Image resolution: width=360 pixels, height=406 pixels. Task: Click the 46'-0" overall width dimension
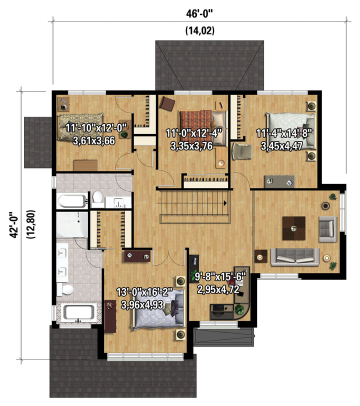coord(199,13)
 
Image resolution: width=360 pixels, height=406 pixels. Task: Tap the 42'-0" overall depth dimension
coord(13,225)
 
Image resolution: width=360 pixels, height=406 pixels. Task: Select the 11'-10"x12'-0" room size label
coord(96,128)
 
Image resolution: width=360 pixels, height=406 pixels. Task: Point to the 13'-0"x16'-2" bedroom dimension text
coord(144,292)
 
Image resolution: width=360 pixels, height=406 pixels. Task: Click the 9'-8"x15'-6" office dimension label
coord(220,276)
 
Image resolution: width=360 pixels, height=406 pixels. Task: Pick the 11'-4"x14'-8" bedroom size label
coord(284,133)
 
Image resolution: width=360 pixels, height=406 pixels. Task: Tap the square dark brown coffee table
coord(293,228)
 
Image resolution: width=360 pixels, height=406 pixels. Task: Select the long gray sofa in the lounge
coord(295,257)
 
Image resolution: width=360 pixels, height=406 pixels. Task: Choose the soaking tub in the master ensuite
coord(78,312)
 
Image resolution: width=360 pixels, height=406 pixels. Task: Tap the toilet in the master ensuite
coord(66,289)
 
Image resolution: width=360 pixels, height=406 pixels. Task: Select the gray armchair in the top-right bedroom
coord(241,151)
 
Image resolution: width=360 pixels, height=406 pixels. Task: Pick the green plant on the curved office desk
coord(240,309)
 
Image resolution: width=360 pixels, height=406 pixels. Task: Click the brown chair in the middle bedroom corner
coord(167,103)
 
